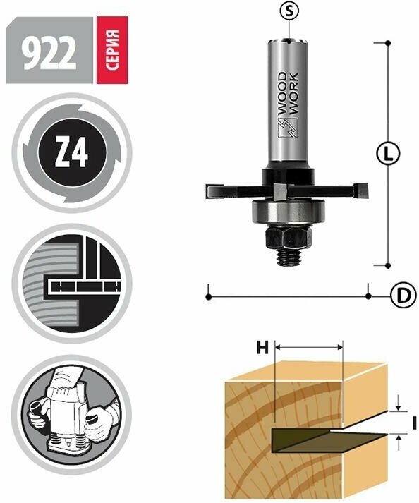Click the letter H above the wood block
(262, 347)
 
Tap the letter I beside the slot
(415, 423)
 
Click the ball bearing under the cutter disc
(289, 211)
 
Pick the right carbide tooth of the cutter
(364, 190)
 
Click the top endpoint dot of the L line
(388, 43)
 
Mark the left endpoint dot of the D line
(209, 296)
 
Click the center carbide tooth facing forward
(280, 190)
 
